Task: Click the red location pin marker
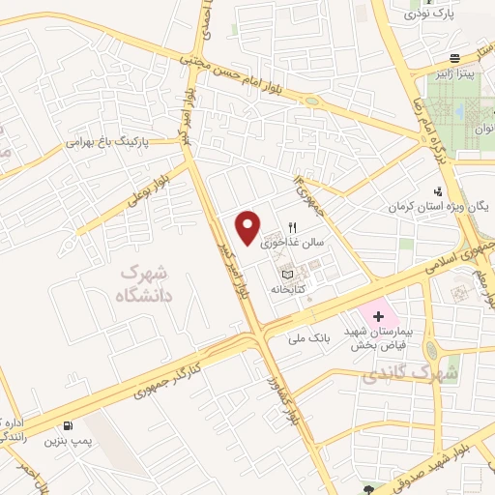(x=248, y=227)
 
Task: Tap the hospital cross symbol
(x=379, y=317)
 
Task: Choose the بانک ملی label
(x=309, y=340)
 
